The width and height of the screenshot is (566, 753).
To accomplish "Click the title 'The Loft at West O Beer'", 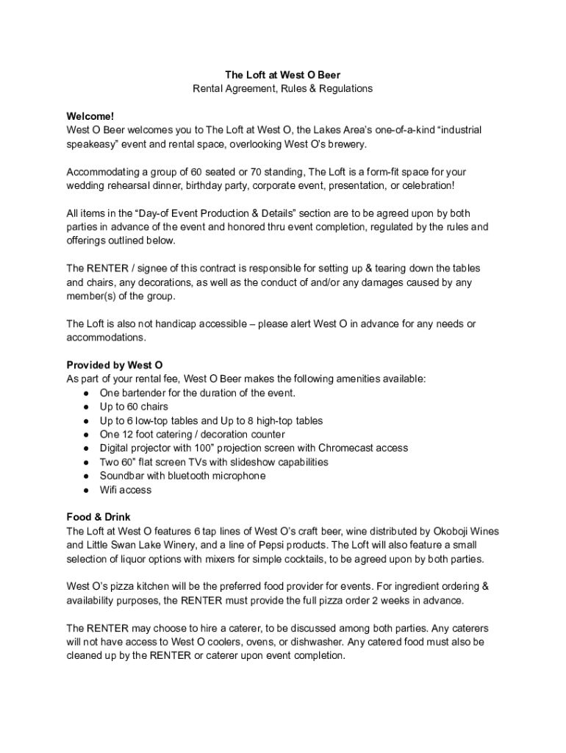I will (x=282, y=74).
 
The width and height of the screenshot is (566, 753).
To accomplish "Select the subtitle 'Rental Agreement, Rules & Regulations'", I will (x=282, y=88).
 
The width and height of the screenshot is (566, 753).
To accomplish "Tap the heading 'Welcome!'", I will (x=90, y=116).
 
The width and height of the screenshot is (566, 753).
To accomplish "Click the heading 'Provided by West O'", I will (x=115, y=365).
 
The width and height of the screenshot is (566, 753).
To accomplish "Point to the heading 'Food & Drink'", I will (x=98, y=517).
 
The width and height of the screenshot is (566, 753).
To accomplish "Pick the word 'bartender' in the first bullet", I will (x=144, y=393).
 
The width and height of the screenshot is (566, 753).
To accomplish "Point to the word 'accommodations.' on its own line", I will (x=107, y=338).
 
